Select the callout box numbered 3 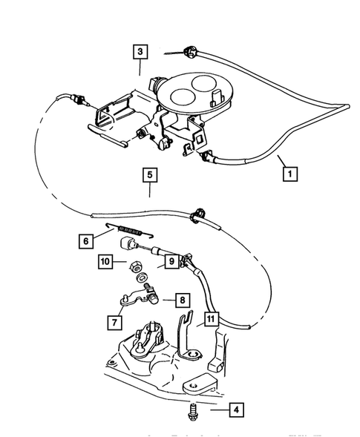(x=140, y=53)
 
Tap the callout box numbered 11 (x=211, y=320)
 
